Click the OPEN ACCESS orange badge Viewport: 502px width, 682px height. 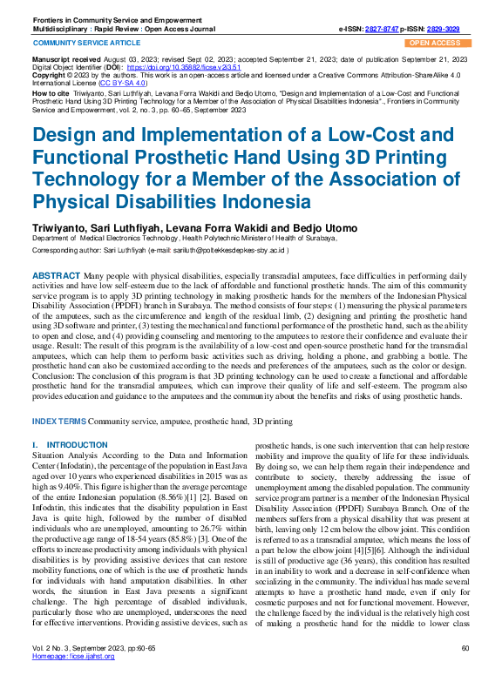click(435, 42)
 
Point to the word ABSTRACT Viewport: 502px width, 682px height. click(57, 275)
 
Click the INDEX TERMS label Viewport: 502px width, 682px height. click(59, 422)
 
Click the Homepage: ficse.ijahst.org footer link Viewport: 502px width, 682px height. click(73, 679)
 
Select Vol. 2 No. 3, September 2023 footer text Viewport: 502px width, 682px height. click(79, 671)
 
